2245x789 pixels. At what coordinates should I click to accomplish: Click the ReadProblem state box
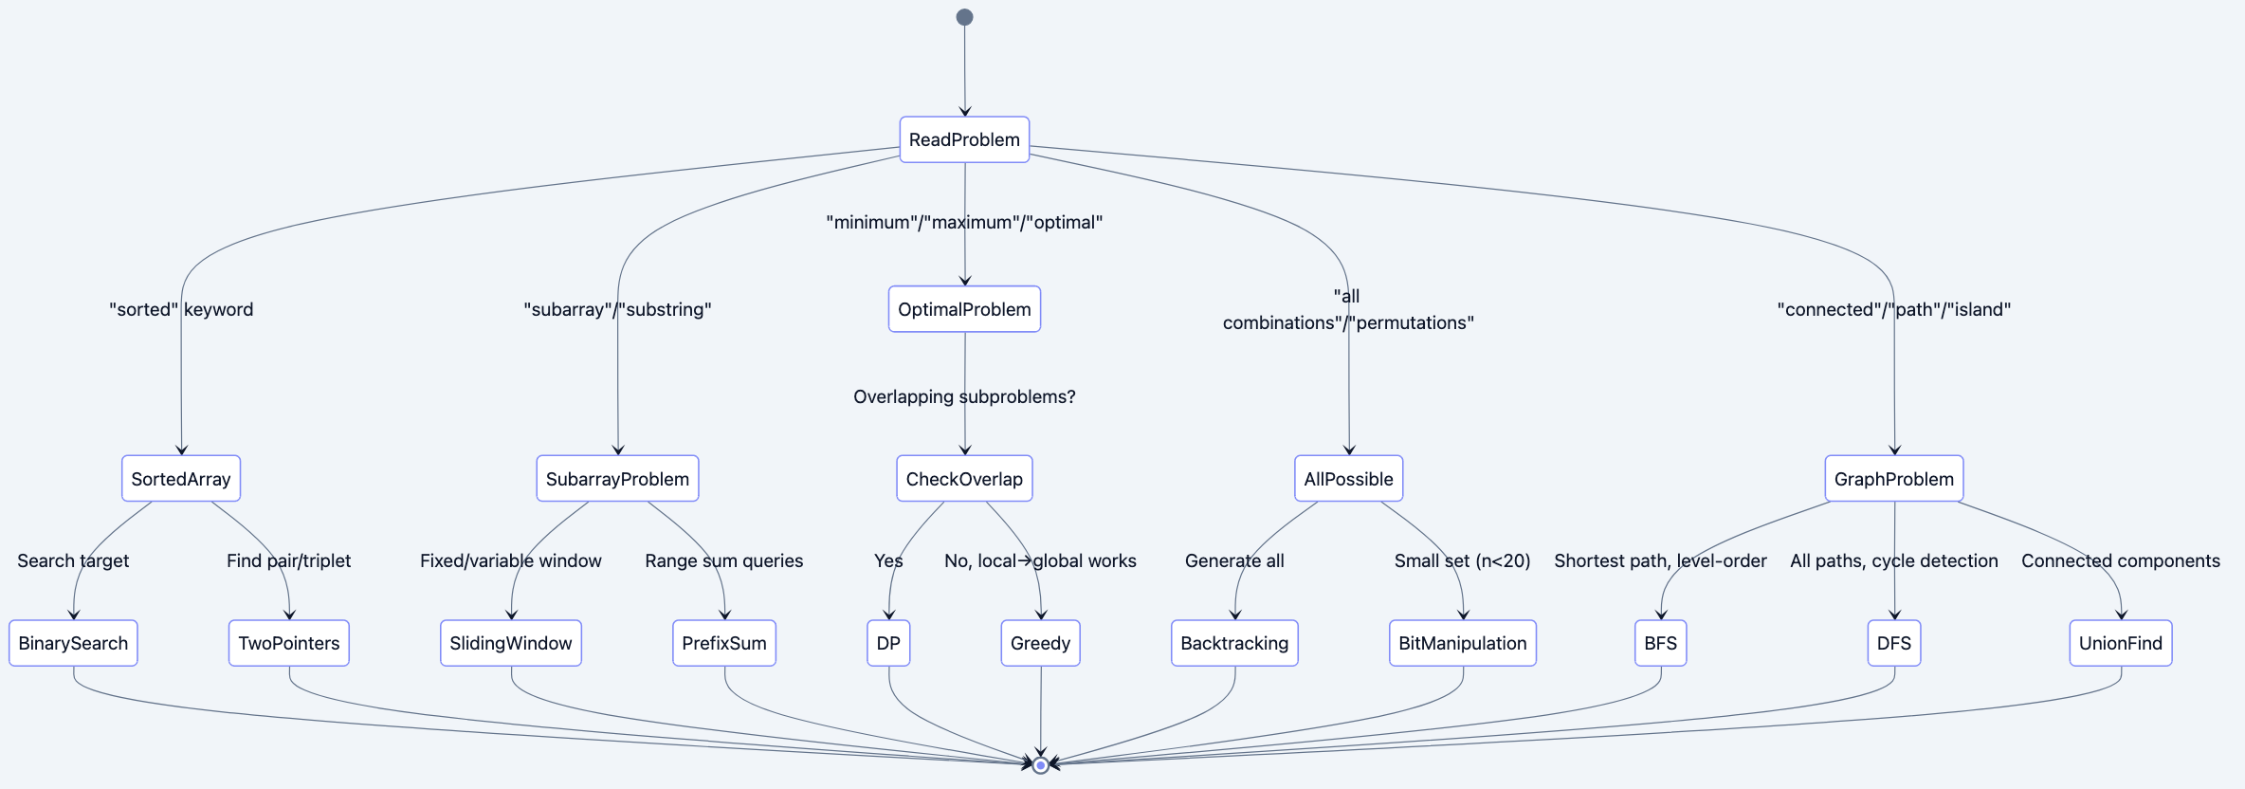[964, 139]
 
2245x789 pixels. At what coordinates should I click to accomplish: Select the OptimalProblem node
[964, 309]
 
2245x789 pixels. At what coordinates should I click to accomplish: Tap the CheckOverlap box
[964, 479]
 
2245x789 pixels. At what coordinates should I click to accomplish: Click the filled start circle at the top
[964, 17]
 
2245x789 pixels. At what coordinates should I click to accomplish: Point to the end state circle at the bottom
[1040, 764]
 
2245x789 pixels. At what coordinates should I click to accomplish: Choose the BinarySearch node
[73, 643]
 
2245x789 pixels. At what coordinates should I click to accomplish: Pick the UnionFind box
[2120, 643]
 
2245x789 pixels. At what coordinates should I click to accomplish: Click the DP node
[888, 643]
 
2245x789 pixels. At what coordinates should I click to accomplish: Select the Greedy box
[1040, 643]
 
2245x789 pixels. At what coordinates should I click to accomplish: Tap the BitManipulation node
[1462, 643]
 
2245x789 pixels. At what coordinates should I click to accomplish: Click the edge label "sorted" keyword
[181, 309]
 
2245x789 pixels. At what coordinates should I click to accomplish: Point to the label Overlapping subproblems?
[964, 396]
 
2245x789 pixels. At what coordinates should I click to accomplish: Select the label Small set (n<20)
[1462, 560]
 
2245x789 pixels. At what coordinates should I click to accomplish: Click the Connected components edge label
[2120, 560]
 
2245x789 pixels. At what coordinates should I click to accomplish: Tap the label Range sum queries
[723, 560]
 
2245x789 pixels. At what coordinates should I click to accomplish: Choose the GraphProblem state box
[1893, 479]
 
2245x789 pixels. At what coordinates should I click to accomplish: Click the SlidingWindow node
[510, 643]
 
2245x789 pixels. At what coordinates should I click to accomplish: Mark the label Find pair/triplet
[288, 560]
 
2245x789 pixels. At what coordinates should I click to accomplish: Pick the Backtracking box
[1234, 643]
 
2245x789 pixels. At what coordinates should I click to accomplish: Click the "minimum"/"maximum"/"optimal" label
[964, 222]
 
